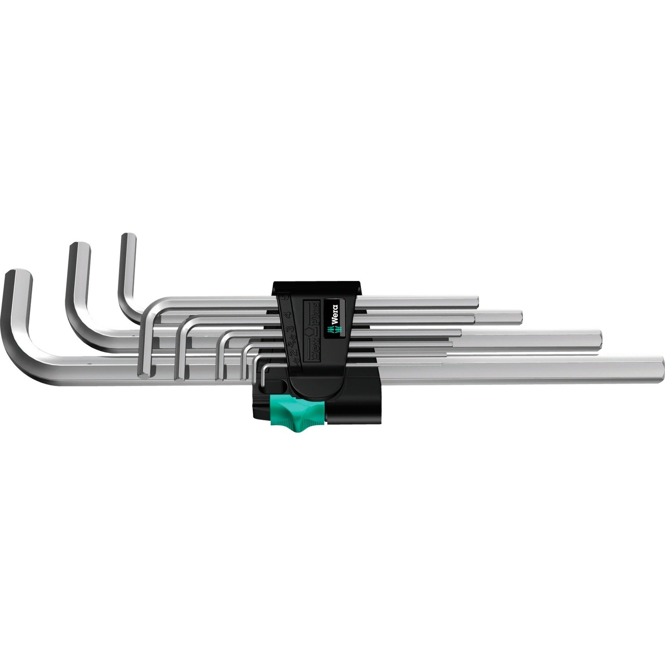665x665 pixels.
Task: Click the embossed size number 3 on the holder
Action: (x=291, y=329)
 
